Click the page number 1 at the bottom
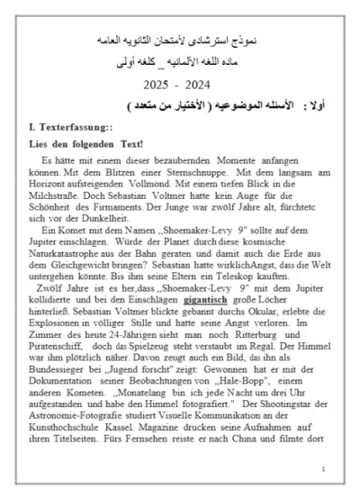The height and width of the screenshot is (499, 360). [323, 469]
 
